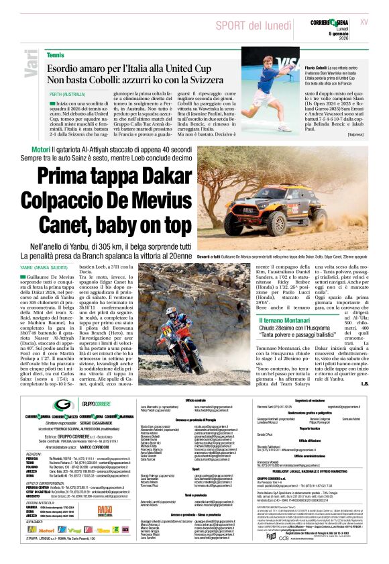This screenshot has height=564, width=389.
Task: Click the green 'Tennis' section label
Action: (x=56, y=54)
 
